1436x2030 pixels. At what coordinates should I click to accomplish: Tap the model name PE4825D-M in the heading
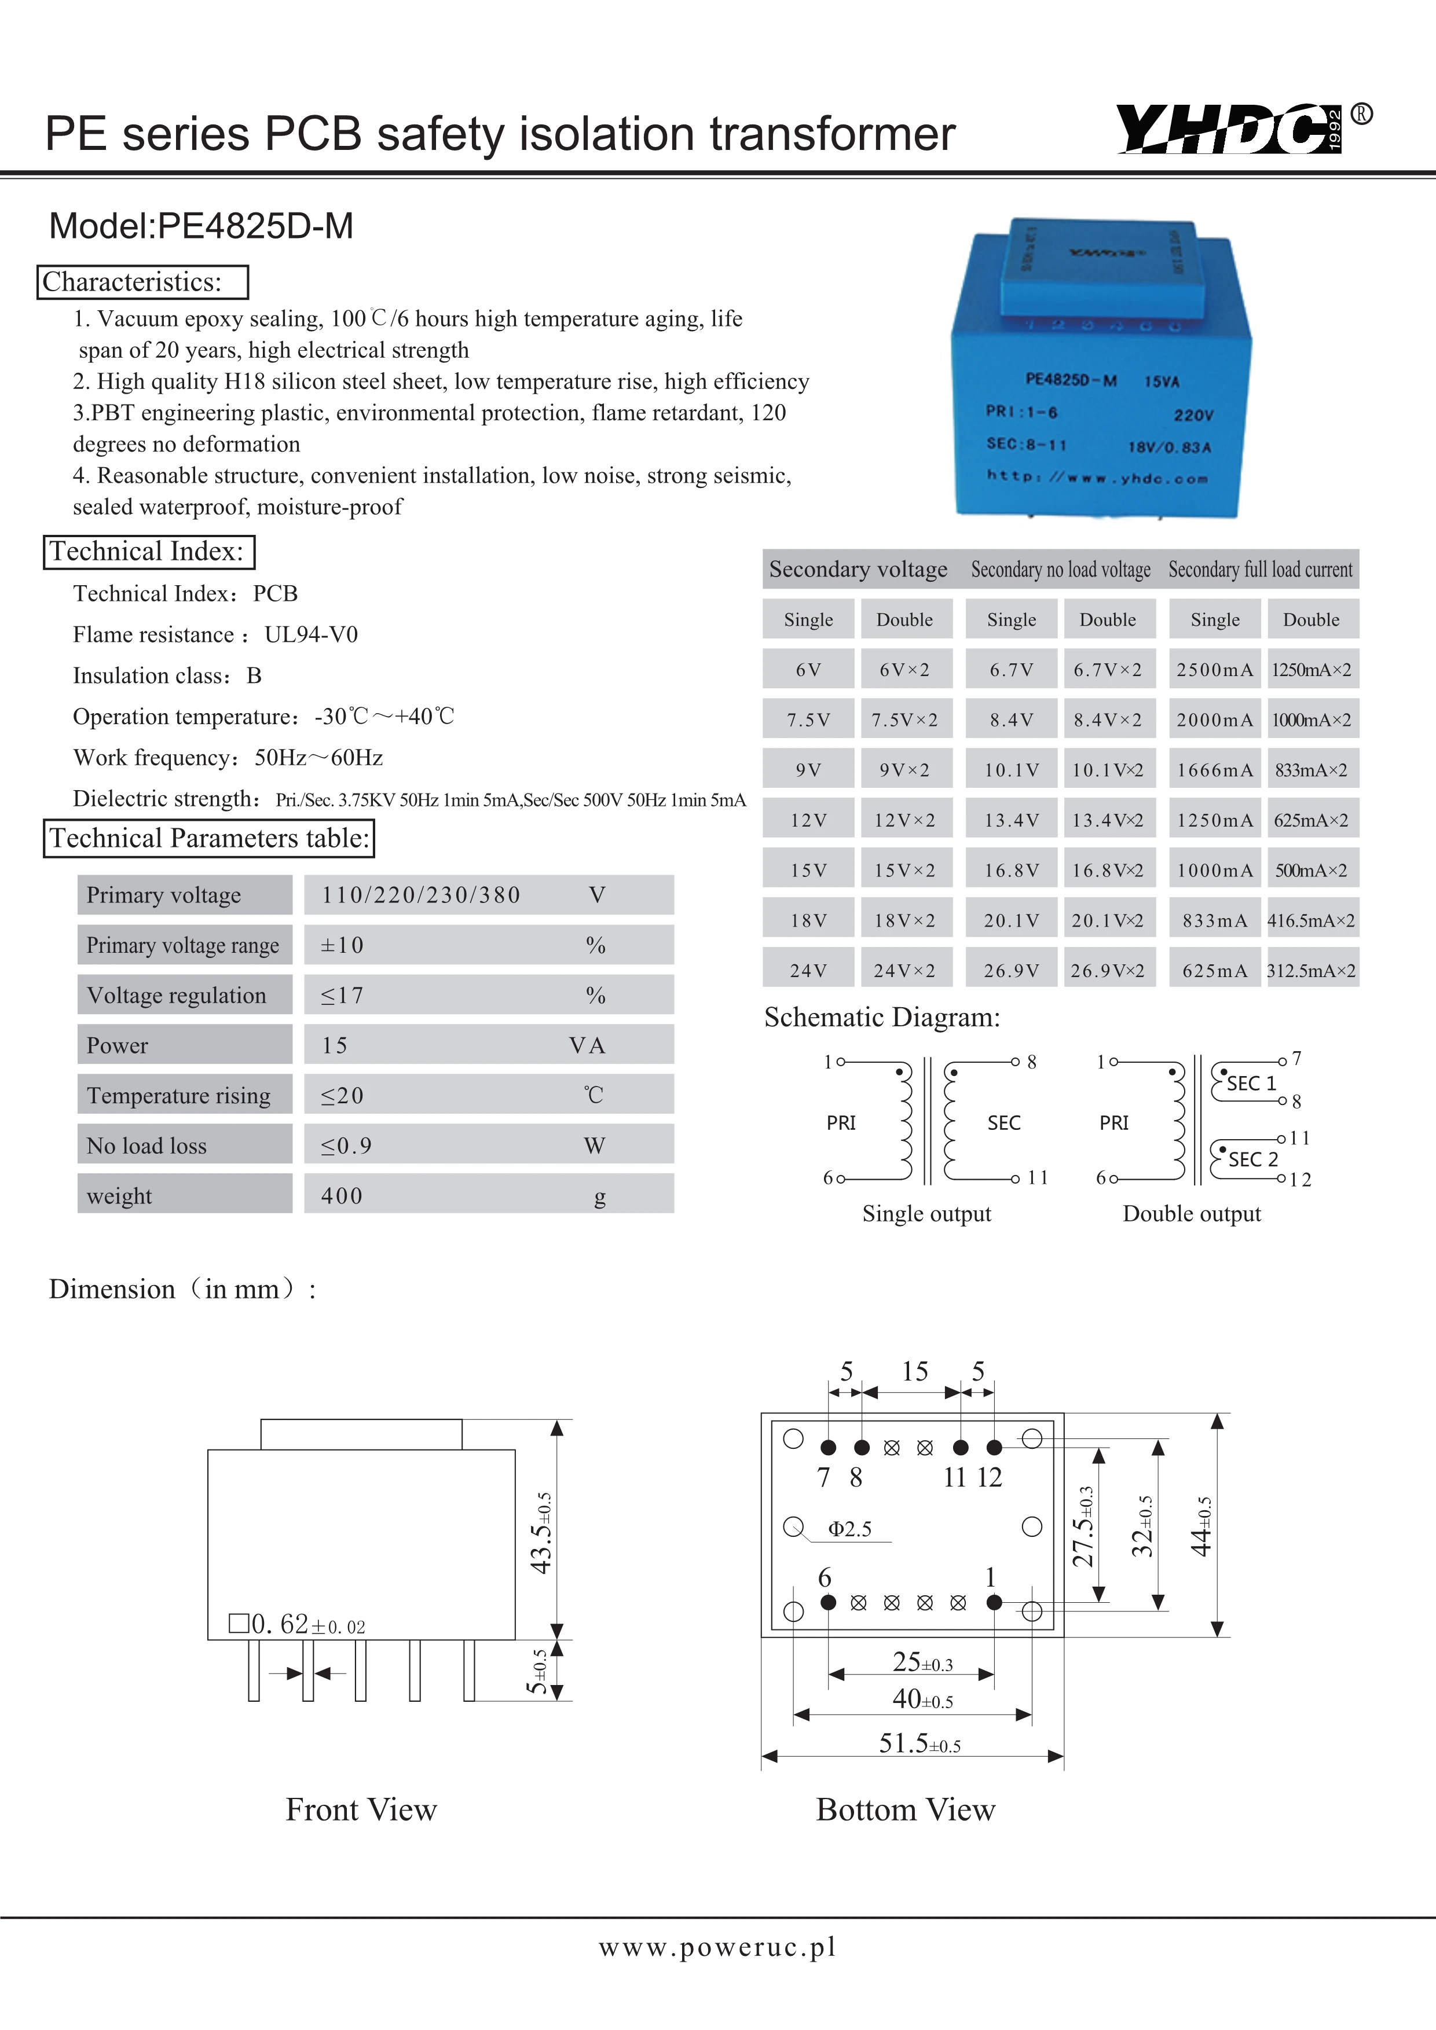255,226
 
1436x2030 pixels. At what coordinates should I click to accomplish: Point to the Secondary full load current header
1260,570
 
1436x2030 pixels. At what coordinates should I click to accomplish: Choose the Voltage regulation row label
176,996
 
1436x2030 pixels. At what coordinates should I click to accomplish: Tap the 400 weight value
342,1196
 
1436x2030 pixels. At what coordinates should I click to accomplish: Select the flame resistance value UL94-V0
312,635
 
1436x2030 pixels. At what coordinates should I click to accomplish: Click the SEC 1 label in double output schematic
1251,1083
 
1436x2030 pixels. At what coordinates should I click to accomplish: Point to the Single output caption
926,1214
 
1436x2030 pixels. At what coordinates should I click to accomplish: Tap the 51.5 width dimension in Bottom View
919,1743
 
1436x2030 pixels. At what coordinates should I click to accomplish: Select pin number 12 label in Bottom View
990,1477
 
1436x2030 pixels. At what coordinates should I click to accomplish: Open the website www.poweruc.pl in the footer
717,1946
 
